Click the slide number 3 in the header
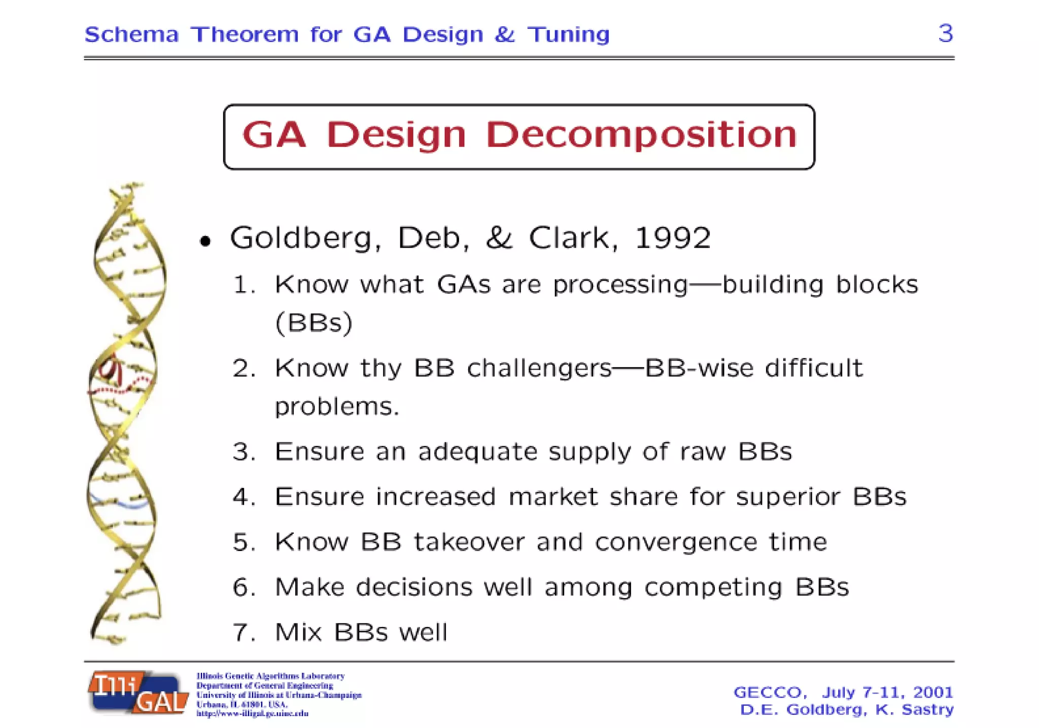tap(945, 33)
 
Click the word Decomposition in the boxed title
tap(641, 135)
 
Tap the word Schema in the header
tap(131, 34)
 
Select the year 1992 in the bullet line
tap(672, 237)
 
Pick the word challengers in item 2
tap(539, 368)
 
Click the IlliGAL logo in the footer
tap(138, 693)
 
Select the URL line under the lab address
tap(252, 713)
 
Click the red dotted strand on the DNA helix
tap(119, 389)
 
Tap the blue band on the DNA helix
tap(127, 504)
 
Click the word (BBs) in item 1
tap(314, 323)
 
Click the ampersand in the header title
tap(504, 34)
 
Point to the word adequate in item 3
tap(477, 452)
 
